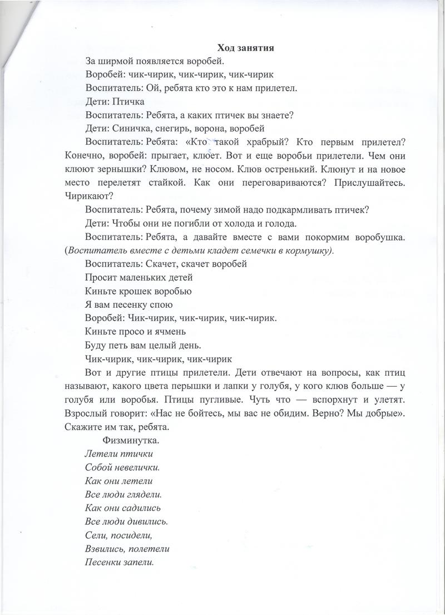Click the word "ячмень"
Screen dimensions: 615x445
[162, 332]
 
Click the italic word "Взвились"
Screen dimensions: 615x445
[106, 549]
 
